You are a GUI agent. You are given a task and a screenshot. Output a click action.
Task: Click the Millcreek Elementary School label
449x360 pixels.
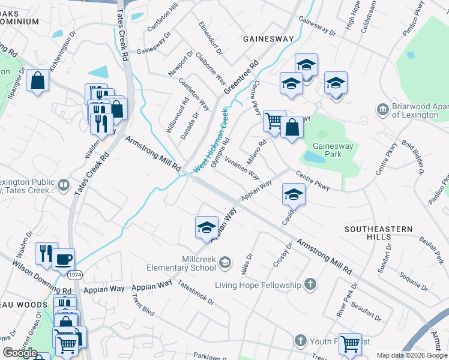click(190, 264)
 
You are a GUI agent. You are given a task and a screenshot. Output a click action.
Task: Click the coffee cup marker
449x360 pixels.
click(63, 260)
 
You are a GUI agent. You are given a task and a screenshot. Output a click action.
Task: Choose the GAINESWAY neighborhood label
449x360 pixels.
click(268, 39)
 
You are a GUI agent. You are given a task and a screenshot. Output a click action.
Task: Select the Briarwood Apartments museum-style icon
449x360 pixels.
click(382, 110)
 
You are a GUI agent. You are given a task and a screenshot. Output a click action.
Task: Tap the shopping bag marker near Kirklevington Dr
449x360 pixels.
click(37, 80)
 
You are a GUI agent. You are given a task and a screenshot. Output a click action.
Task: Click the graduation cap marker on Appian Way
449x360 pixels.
click(206, 227)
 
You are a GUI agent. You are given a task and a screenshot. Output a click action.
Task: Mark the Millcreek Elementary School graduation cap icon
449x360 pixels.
click(225, 262)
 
